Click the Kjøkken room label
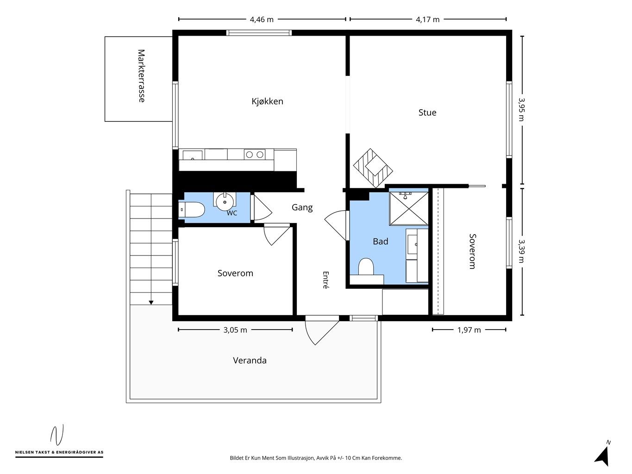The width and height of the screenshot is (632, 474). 267,101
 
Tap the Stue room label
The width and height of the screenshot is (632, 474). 427,112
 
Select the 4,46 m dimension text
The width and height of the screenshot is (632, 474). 262,19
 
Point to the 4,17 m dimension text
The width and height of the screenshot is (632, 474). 427,19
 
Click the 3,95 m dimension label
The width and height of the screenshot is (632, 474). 522,109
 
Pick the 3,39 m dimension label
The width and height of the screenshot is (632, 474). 522,251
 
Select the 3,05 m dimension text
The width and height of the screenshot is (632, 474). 235,330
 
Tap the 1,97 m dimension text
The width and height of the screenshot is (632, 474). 469,330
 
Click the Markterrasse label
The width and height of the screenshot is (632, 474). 141,76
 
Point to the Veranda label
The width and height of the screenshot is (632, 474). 250,360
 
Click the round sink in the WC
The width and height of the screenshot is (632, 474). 225,201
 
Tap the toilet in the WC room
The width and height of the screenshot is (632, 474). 192,210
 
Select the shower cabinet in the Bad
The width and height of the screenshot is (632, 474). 408,208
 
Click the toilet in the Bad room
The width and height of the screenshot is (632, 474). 366,267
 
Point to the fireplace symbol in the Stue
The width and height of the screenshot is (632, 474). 373,168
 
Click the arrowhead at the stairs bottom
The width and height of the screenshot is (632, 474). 151,302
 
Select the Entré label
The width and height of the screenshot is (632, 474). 325,280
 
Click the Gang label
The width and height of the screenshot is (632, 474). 302,207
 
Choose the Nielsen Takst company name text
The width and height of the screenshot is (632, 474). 59,452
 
